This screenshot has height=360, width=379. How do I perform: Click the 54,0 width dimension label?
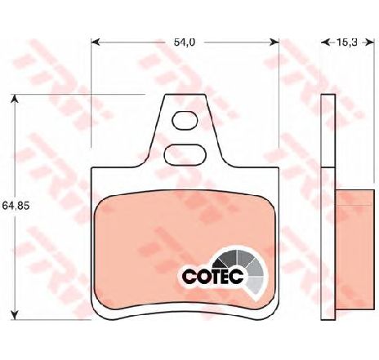coord(185,42)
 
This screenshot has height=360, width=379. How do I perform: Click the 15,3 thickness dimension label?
coord(346,42)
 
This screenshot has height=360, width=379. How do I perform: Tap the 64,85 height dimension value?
coord(16,206)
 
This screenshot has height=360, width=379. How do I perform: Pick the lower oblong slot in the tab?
coord(185,154)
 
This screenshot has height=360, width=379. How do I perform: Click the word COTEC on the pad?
coord(213,277)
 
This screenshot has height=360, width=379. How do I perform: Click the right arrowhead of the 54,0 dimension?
coord(274,42)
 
